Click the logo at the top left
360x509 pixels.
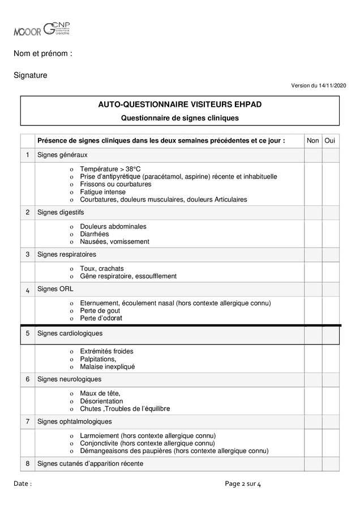click(42, 29)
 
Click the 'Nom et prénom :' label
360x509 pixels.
click(43, 54)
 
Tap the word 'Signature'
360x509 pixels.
click(31, 75)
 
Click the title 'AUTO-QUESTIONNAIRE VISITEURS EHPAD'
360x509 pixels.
click(180, 105)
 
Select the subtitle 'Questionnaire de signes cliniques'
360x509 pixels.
click(180, 118)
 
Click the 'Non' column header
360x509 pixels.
click(312, 141)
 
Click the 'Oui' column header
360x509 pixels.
click(331, 141)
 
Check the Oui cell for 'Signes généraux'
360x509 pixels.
click(331, 155)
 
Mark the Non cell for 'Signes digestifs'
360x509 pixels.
click(312, 213)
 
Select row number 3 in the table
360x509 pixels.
click(27, 255)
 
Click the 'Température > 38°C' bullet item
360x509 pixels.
click(110, 169)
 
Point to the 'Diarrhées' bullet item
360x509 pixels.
click(95, 234)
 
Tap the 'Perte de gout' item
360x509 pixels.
click(100, 310)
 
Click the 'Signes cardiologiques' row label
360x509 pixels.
click(70, 334)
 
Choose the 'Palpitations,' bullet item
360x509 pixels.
click(98, 359)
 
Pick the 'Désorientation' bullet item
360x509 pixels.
click(101, 401)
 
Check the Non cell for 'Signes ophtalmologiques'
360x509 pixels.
click(312, 422)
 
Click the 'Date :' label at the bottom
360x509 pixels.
click(23, 484)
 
